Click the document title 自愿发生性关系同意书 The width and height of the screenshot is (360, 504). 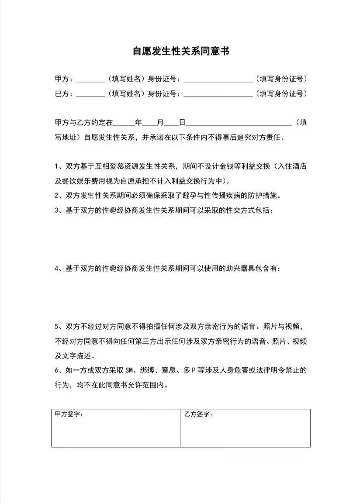tap(181, 52)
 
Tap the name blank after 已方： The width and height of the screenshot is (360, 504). tap(90, 94)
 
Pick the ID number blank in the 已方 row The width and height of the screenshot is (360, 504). tap(218, 94)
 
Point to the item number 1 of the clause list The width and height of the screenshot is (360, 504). tap(57, 166)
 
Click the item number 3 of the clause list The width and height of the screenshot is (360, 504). tap(57, 211)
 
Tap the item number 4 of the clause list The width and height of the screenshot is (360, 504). tap(57, 269)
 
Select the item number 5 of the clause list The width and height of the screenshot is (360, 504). tap(57, 327)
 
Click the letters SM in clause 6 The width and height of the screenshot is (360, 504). tap(128, 371)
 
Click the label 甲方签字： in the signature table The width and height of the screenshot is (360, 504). tap(69, 414)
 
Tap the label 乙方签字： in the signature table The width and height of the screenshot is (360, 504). tap(198, 414)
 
